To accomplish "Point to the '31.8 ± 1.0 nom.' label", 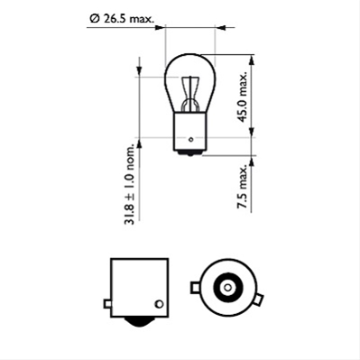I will coord(131,185).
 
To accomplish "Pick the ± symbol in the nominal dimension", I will coord(131,192).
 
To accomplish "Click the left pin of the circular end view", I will coord(194,290).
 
